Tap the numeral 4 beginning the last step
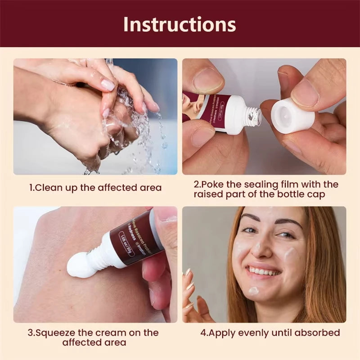202,333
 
